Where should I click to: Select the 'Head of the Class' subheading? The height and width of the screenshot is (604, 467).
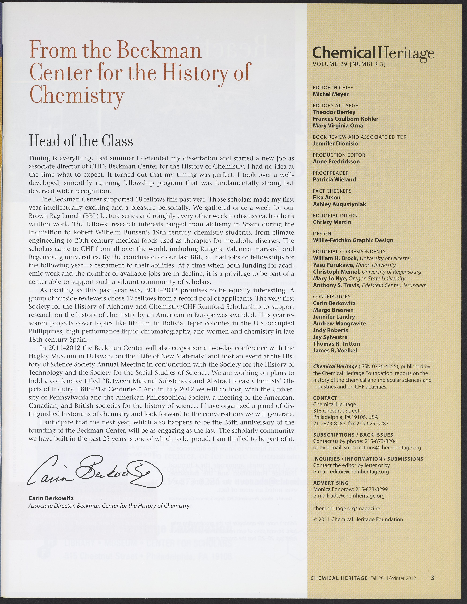tap(81, 141)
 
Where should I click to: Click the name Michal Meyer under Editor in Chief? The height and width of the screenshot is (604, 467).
tap(331, 94)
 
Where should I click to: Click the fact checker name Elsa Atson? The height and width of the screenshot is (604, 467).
tap(327, 197)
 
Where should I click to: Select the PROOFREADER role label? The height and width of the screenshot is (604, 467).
tap(331, 173)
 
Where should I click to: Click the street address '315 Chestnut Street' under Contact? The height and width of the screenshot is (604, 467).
tap(336, 411)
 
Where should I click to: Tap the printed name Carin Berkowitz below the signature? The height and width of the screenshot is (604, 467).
tap(51, 498)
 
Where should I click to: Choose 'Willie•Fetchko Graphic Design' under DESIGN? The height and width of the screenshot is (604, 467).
tap(353, 240)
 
